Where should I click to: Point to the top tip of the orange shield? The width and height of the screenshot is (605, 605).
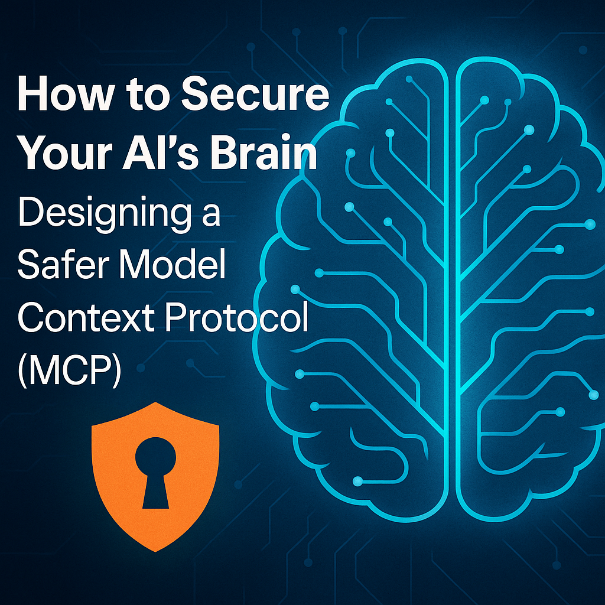coord(155,403)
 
